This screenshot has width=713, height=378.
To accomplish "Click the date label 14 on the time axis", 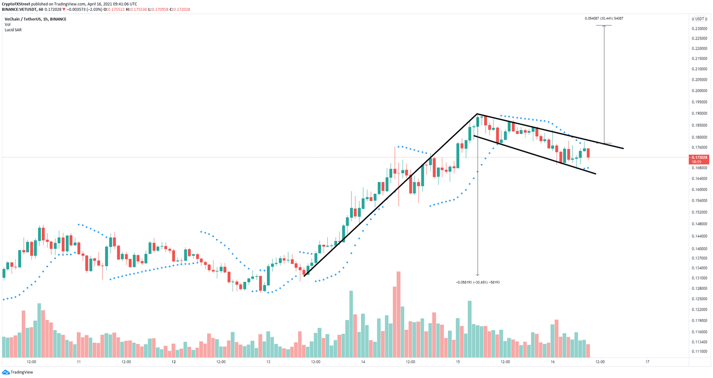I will [x=363, y=362].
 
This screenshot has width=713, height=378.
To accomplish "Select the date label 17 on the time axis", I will [x=647, y=362].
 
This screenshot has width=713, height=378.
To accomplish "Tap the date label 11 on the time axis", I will [x=79, y=362].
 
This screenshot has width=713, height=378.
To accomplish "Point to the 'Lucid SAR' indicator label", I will [x=13, y=30].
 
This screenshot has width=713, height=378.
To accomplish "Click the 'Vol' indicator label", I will [x=7, y=25].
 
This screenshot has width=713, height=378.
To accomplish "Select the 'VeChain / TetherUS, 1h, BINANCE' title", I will [x=35, y=19].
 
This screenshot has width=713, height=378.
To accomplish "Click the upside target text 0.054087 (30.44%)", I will [x=603, y=18].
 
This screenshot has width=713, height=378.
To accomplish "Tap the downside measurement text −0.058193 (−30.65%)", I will [x=478, y=282].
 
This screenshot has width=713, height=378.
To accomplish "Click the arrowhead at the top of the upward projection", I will [x=604, y=26].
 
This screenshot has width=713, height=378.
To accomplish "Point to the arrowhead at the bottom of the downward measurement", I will [x=478, y=275].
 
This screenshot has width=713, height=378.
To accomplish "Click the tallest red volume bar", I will [x=398, y=316].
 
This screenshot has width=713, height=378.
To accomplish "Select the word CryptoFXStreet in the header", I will [x=16, y=4].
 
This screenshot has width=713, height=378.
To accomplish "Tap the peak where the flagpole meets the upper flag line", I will [x=477, y=114].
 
